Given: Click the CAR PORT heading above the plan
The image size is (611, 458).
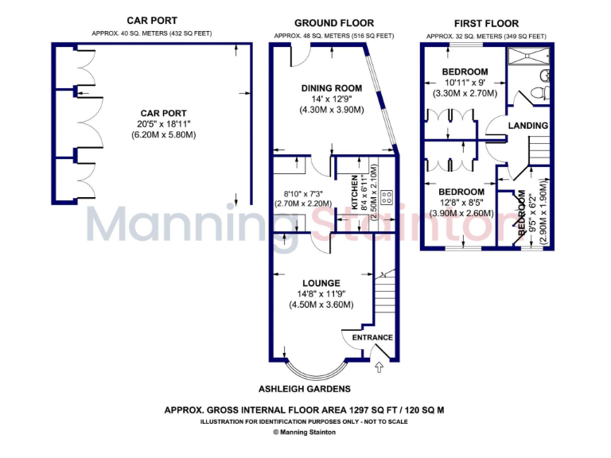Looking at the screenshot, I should pyautogui.click(x=152, y=21).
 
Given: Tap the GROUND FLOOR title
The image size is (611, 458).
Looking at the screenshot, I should pyautogui.click(x=333, y=23).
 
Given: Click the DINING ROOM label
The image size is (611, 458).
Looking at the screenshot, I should pyautogui.click(x=332, y=88).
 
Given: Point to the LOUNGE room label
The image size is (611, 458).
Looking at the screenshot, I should pyautogui.click(x=321, y=283).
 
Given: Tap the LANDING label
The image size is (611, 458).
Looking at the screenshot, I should pyautogui.click(x=528, y=126).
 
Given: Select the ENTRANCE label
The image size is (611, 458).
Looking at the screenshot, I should pyautogui.click(x=372, y=337).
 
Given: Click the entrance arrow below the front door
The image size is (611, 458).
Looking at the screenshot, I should pyautogui.click(x=379, y=367).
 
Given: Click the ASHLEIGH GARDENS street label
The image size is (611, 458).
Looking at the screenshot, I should pyautogui.click(x=305, y=389).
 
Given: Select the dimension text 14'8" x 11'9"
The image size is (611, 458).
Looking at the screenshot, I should pyautogui.click(x=321, y=293).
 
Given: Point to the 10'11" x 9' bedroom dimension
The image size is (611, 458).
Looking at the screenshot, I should pyautogui.click(x=465, y=83).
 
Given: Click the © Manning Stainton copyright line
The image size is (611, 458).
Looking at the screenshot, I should pyautogui.click(x=305, y=433).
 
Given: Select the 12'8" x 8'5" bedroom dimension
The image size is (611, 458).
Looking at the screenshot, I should pyautogui.click(x=461, y=203).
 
